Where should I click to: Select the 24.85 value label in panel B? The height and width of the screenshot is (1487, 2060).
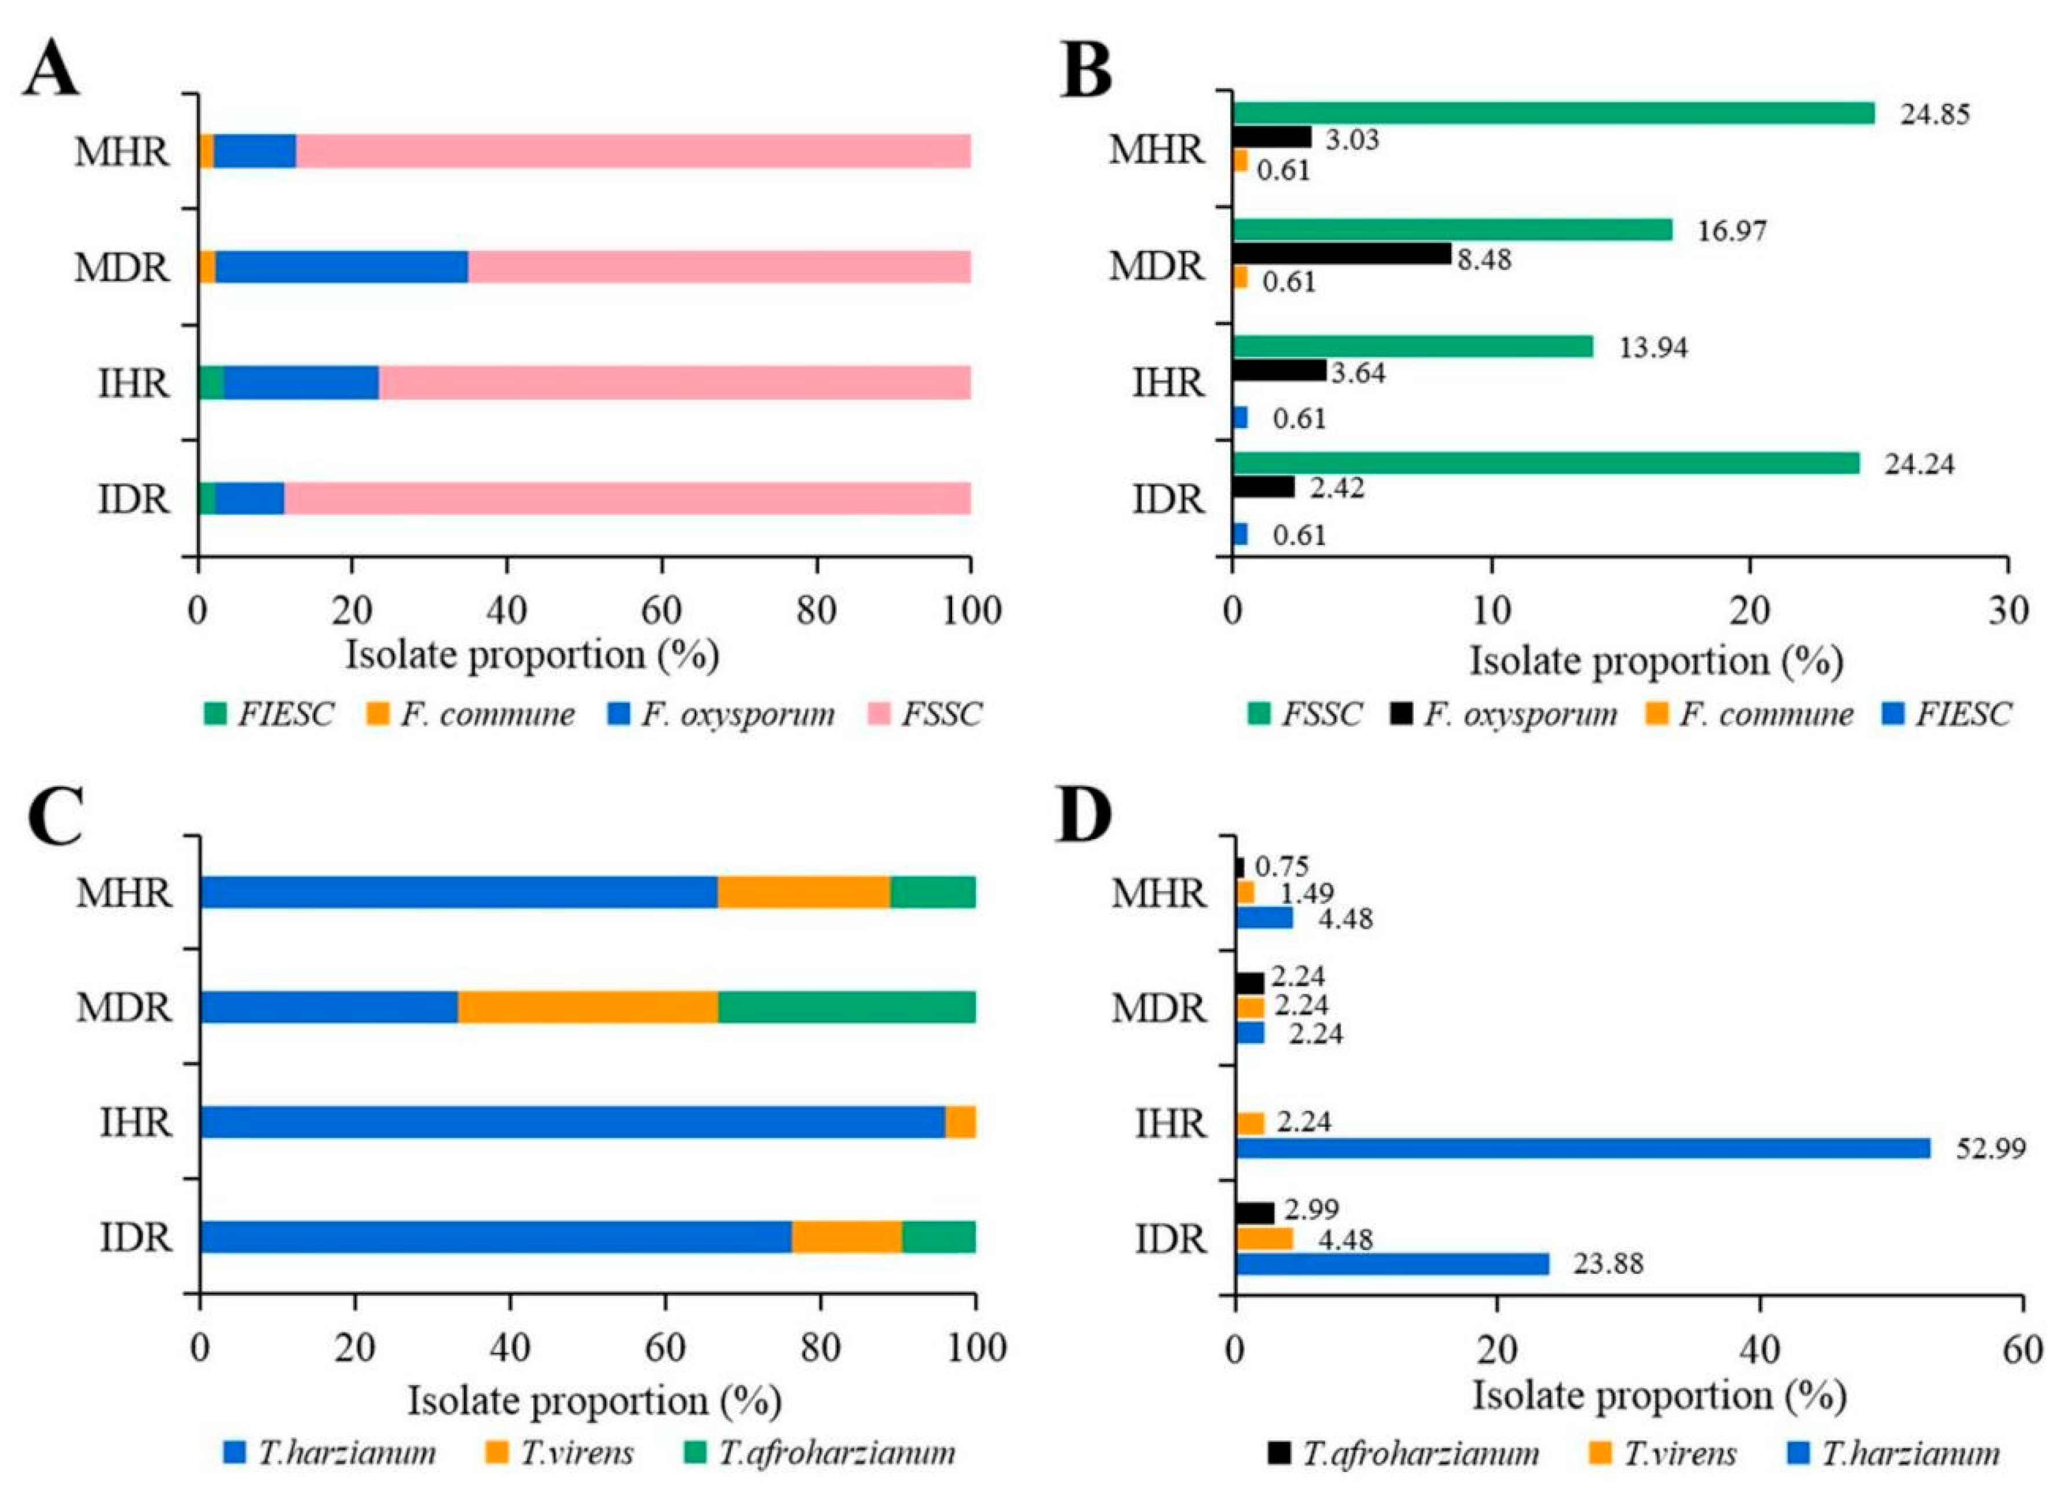[1935, 115]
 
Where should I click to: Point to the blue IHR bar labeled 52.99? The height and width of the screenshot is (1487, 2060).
[1582, 1148]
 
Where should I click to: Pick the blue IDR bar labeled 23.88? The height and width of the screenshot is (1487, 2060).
[1392, 1263]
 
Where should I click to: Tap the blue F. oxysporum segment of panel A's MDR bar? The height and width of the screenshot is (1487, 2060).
[342, 267]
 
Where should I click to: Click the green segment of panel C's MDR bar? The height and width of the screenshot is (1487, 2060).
[847, 1008]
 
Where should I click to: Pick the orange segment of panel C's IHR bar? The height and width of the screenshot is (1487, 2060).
[960, 1123]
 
